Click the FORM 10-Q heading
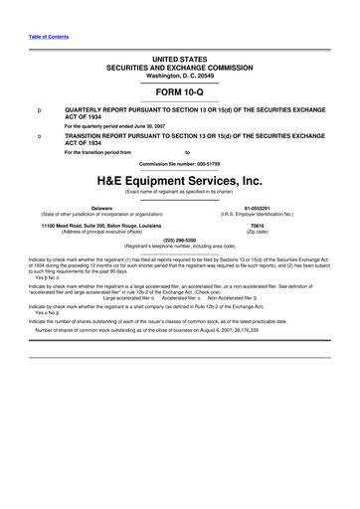coord(180,90)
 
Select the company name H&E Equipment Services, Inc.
coord(180,181)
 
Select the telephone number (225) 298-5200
coord(180,239)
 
